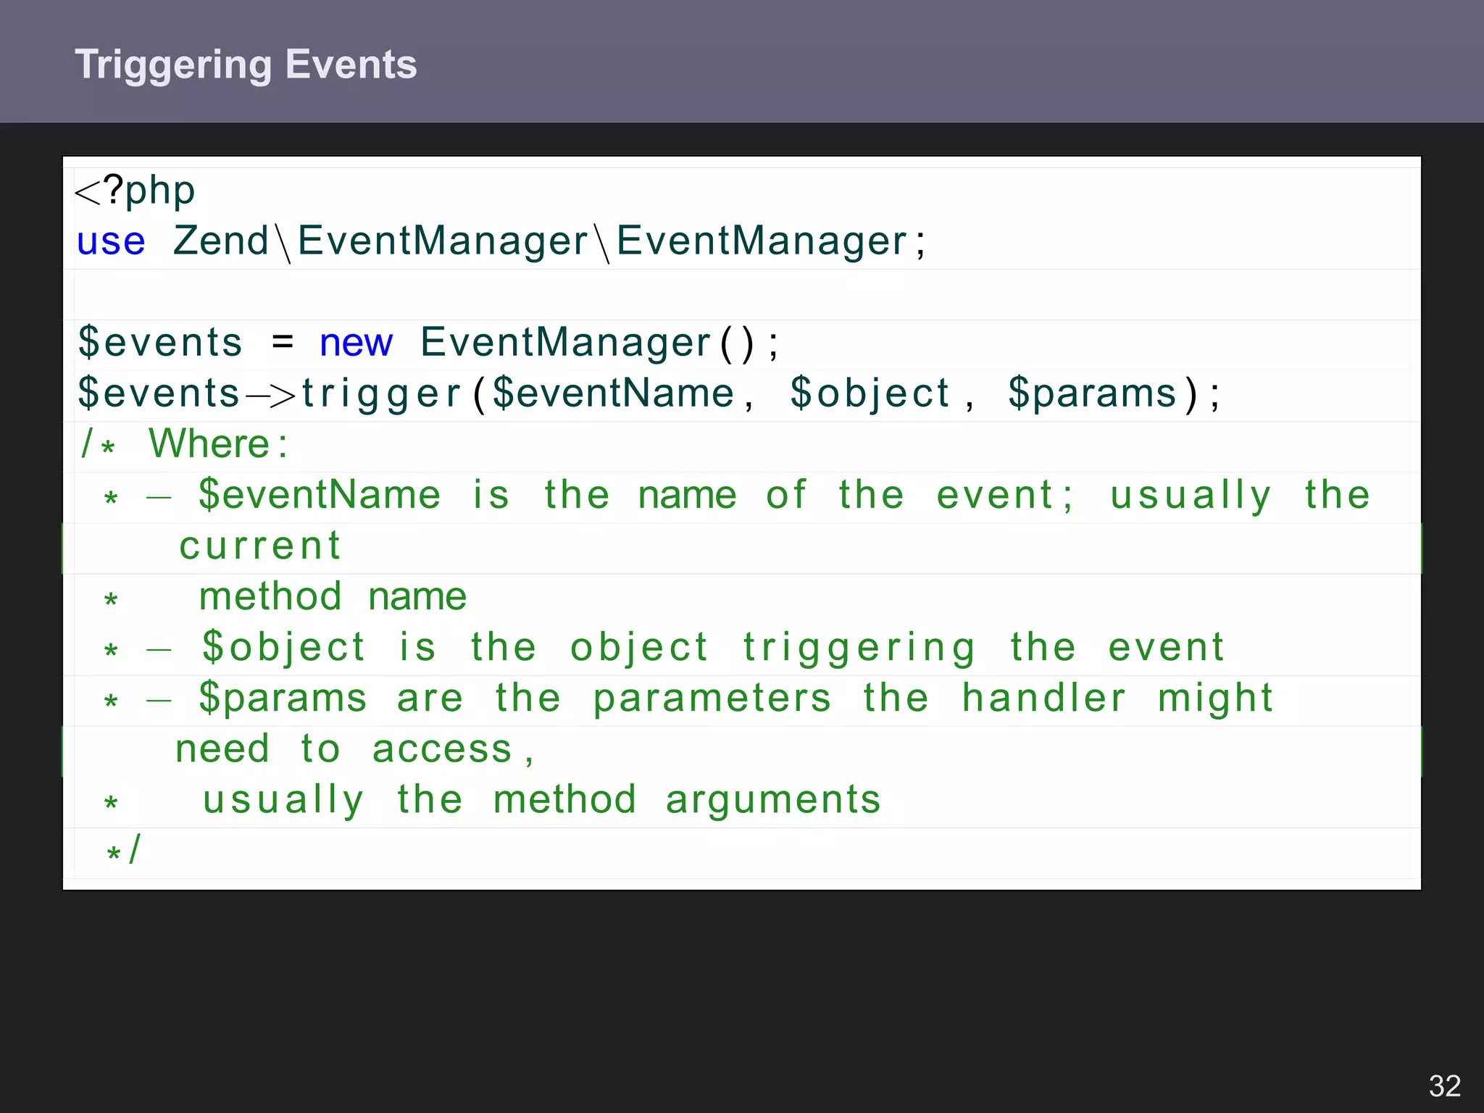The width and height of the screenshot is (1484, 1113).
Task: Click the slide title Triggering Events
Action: pos(246,64)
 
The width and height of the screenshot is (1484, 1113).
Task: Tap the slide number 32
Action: pos(1444,1086)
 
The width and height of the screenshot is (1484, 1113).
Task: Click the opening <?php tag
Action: pos(135,191)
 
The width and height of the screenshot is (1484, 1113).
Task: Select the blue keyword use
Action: pos(111,241)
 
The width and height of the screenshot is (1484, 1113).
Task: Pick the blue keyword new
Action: pos(356,343)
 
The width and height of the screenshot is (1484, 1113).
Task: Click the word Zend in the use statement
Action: pos(221,241)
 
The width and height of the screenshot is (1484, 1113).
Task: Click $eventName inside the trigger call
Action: pos(613,393)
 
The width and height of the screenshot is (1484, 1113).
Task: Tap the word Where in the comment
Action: pos(209,443)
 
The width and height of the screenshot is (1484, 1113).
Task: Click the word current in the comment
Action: pos(260,546)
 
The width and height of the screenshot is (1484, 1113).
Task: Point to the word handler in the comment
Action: pos(1044,699)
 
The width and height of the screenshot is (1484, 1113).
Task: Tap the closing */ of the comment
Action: pos(123,850)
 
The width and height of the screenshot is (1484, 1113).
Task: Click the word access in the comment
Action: pos(442,749)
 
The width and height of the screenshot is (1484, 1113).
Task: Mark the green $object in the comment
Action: pos(283,648)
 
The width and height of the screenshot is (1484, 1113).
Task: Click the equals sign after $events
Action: pos(283,342)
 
